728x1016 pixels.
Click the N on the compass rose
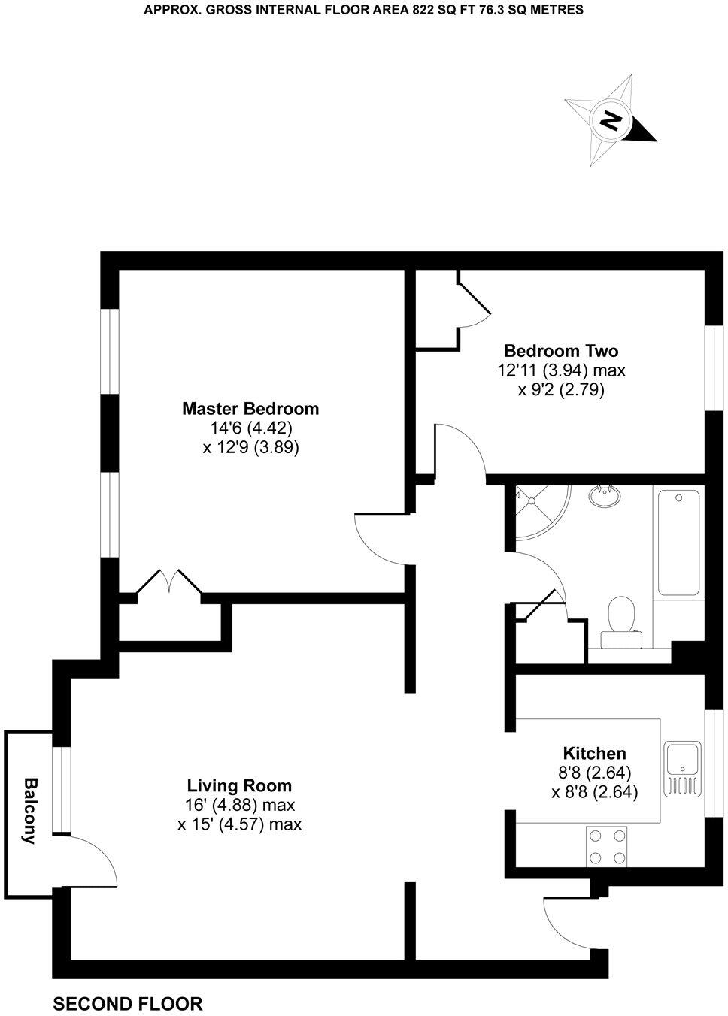611,120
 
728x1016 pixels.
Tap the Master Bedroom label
250,409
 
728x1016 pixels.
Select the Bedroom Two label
561,351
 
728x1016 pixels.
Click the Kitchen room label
594,753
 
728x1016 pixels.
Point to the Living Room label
239,786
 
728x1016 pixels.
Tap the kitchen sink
683,770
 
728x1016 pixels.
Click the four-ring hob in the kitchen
606,845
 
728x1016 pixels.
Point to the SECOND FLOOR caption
128,1004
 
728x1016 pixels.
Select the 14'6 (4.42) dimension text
250,428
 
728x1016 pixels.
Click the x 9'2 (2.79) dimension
561,390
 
